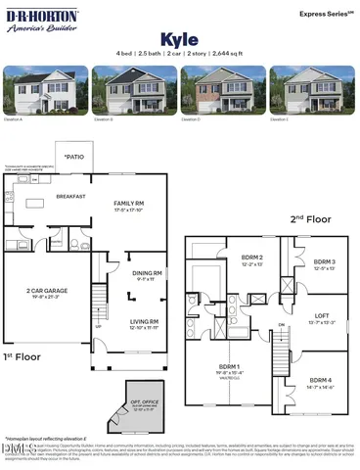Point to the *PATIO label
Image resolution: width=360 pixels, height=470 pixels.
(x=73, y=158)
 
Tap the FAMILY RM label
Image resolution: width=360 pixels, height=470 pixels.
(x=127, y=203)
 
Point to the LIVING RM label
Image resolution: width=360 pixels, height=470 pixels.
(x=145, y=320)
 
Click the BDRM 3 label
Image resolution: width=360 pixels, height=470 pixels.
(x=326, y=262)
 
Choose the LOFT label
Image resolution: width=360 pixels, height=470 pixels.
(x=323, y=316)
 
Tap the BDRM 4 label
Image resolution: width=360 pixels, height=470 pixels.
(x=322, y=380)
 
